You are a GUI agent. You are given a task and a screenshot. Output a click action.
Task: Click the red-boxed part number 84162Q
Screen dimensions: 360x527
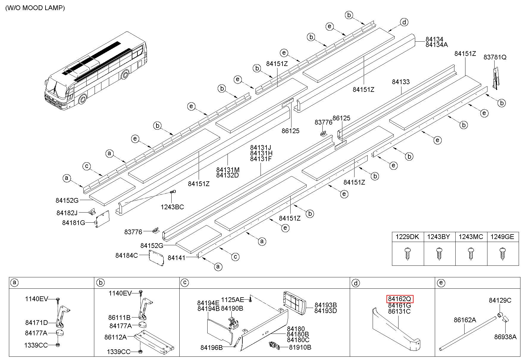(400, 299)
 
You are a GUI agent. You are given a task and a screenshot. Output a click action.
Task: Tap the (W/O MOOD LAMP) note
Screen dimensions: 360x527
(35, 8)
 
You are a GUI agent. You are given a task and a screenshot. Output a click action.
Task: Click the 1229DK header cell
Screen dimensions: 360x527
(407, 237)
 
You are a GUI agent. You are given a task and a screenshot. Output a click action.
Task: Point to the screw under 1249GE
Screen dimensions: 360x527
(502, 254)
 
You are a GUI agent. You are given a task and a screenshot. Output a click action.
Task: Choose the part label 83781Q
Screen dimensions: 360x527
(495, 57)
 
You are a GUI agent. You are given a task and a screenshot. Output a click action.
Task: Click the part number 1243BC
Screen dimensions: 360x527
(172, 207)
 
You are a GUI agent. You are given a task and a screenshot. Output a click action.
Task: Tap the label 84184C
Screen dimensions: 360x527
(127, 255)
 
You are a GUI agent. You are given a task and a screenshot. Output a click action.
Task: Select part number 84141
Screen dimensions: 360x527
(176, 258)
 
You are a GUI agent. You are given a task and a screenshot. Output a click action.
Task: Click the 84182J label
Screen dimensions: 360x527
(67, 213)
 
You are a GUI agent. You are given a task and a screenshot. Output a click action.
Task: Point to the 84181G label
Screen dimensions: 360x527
(73, 223)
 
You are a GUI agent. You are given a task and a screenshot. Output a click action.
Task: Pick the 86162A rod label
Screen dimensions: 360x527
(465, 320)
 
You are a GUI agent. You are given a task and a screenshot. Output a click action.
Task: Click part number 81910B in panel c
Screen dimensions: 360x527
(300, 347)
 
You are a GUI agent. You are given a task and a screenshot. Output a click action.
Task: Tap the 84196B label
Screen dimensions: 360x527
(211, 347)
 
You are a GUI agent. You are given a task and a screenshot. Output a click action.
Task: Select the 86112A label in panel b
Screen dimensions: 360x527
(115, 337)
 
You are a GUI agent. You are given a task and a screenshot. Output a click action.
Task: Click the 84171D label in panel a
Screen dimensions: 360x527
(37, 323)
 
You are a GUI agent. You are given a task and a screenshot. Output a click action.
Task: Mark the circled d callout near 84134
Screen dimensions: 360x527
(404, 22)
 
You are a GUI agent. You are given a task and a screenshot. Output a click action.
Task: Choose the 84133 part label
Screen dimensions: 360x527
(401, 82)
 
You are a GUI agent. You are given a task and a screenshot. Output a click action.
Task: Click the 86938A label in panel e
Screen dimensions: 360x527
(505, 337)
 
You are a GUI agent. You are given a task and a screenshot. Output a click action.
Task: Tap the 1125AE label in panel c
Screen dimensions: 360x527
(233, 299)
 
